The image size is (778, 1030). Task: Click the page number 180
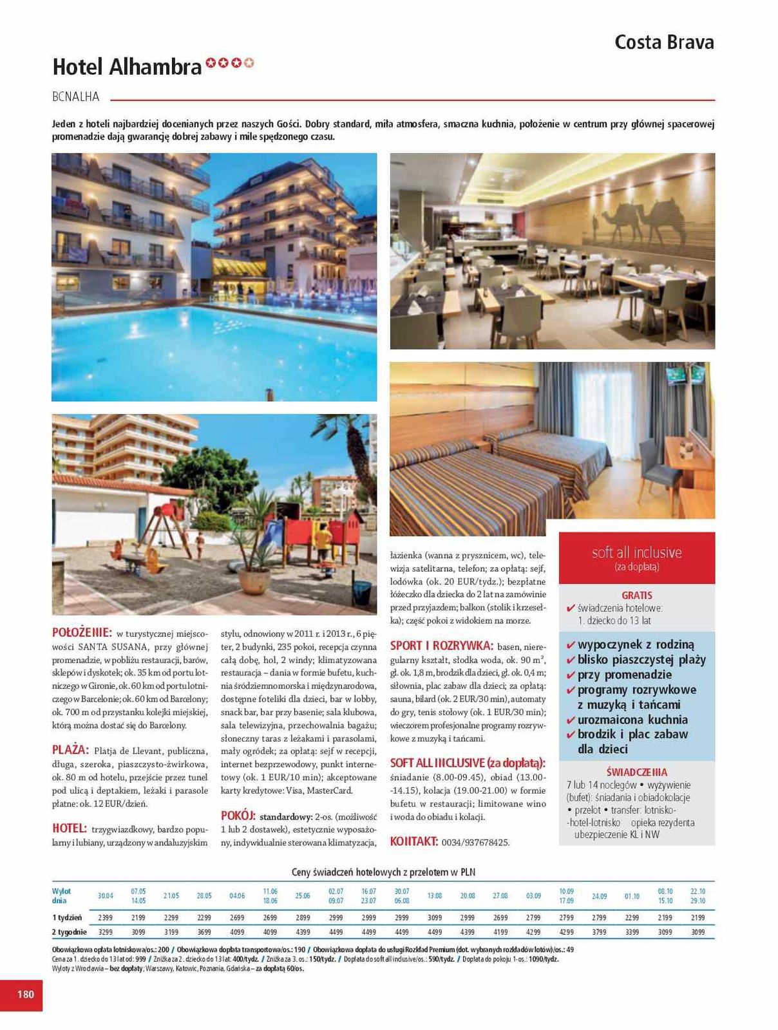pos(25,994)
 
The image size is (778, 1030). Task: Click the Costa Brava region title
pos(664,42)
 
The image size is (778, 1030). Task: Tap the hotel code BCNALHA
pos(76,97)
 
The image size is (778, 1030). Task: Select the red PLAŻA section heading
pos(70,750)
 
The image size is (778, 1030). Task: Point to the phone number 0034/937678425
pos(475,842)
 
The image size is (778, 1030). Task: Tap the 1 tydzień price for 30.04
pos(106,917)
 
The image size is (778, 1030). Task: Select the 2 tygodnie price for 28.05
pos(204,932)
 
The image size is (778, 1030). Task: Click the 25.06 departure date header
pos(303,896)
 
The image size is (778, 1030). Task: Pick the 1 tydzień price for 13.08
pos(435,917)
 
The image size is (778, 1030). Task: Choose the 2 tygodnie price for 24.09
pos(599,932)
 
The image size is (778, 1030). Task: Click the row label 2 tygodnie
pos(69,932)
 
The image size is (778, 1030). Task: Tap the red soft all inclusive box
pos(636,557)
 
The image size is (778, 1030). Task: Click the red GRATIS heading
pos(636,595)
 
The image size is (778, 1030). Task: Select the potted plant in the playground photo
pos(256,566)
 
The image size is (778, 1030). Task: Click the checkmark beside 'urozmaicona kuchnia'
pos(570,720)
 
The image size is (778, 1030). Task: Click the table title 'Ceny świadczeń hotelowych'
pos(383,872)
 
